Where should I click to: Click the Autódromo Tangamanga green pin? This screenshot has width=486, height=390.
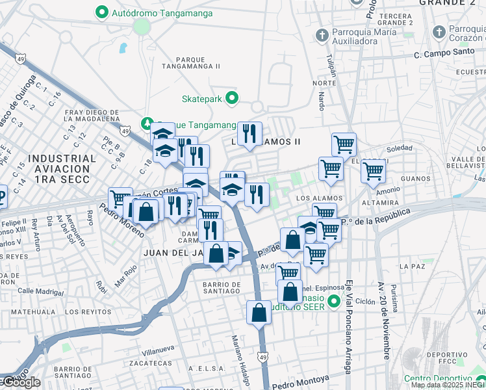click(x=101, y=12)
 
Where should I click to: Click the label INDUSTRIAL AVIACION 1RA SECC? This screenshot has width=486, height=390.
click(x=62, y=168)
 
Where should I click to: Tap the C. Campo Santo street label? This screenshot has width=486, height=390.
click(x=441, y=56)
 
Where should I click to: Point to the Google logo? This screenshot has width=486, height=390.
click(x=21, y=382)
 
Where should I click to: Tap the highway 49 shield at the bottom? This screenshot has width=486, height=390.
click(x=262, y=357)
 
